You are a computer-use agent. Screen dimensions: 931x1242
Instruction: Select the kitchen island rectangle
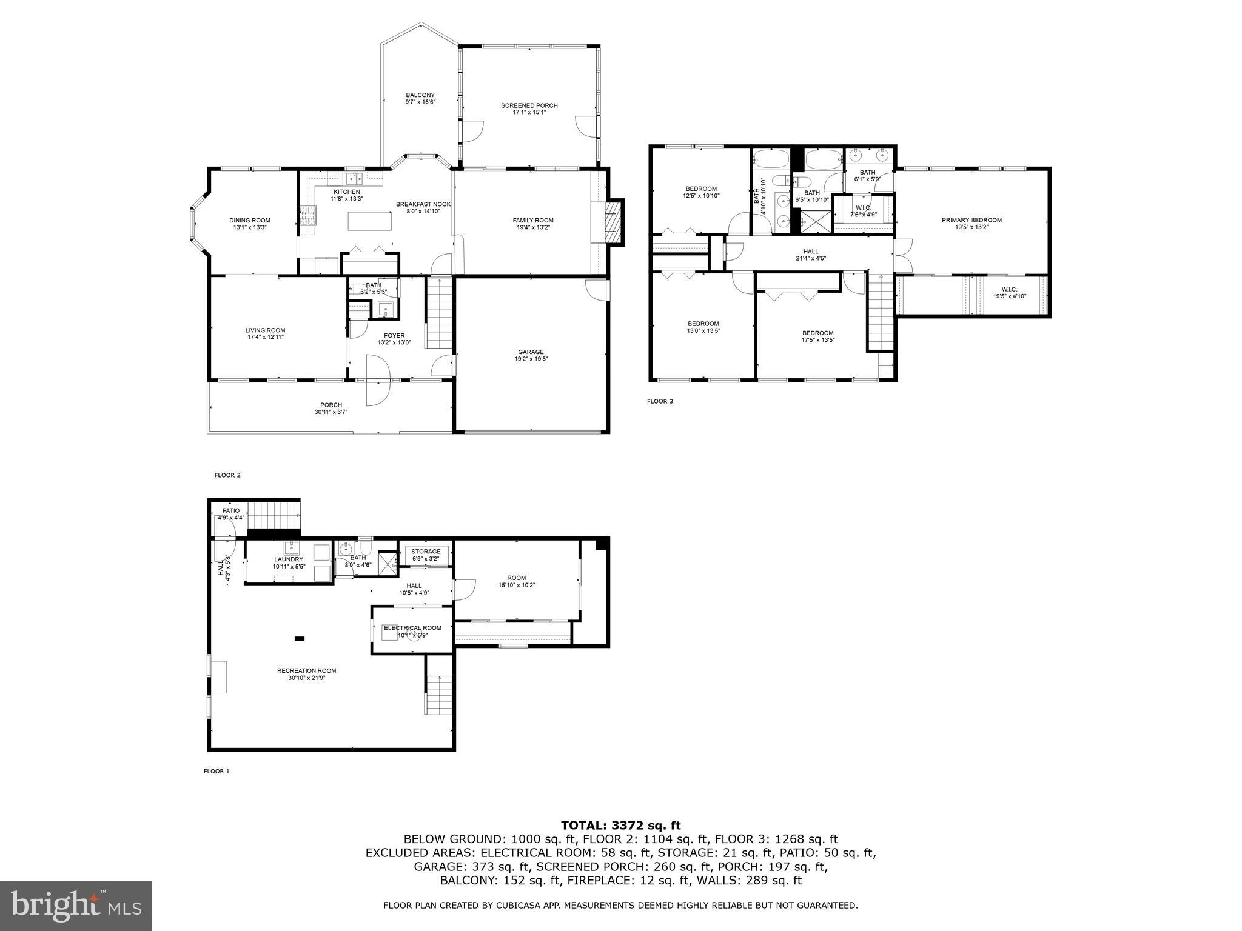pos(369,221)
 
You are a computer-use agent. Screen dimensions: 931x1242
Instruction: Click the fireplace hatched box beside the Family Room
pos(614,222)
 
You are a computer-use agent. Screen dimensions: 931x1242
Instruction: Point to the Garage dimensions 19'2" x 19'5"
pos(531,359)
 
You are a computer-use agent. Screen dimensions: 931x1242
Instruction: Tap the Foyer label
pos(394,336)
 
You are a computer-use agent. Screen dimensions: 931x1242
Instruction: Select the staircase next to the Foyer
pos(439,313)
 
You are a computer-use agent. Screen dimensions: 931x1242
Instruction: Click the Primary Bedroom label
pos(971,220)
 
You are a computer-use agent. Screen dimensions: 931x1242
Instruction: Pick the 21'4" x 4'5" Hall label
pos(810,255)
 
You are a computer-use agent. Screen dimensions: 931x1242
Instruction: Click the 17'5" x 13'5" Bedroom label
pos(817,336)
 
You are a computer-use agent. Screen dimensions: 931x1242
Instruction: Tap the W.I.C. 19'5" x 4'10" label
pos(1009,293)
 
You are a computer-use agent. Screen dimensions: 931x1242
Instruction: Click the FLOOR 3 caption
pos(660,401)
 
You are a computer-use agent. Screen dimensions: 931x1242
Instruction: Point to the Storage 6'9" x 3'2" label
pos(426,555)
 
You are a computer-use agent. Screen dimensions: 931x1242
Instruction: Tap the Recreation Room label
pos(306,674)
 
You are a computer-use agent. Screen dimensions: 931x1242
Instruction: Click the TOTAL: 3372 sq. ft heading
pos(620,825)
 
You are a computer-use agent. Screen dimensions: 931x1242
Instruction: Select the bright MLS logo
pos(76,906)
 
